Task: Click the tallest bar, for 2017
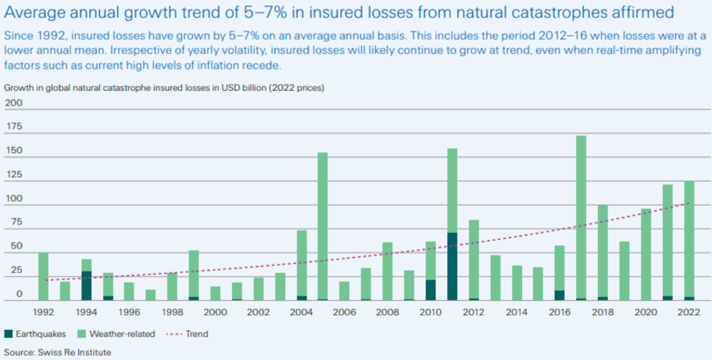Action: coord(581,218)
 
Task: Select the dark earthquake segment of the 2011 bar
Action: coord(452,266)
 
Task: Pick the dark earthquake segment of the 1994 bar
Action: coord(86,286)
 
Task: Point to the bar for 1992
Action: coord(44,276)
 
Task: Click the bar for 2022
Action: coord(688,241)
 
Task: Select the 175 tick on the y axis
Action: coord(14,127)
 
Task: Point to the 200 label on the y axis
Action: coord(14,103)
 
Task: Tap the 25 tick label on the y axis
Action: coord(14,271)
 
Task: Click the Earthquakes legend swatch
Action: coord(9,334)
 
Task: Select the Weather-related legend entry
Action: coord(118,334)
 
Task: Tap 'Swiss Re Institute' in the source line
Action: coord(73,352)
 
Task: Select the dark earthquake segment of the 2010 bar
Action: coord(430,290)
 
